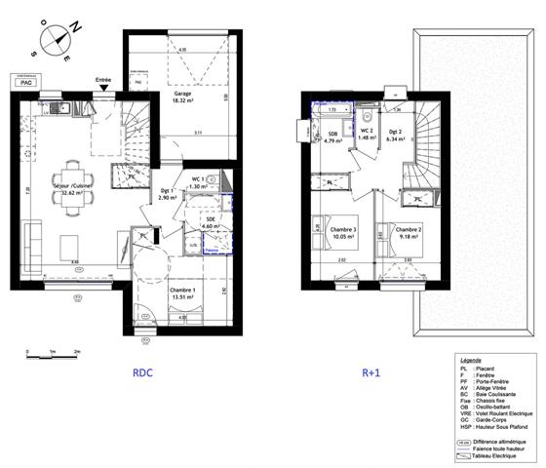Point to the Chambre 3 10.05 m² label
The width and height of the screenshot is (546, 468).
pyautogui.click(x=327, y=232)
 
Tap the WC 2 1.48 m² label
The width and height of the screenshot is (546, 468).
pyautogui.click(x=365, y=135)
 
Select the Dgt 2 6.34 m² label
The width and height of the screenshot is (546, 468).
pyautogui.click(x=396, y=136)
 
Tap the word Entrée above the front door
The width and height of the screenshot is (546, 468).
pyautogui.click(x=103, y=80)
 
